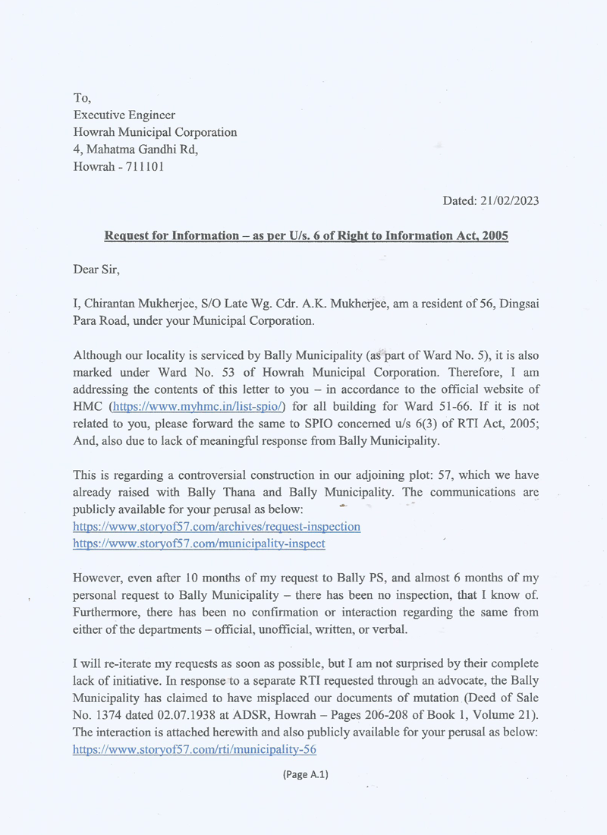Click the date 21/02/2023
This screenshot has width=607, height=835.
pyautogui.click(x=510, y=201)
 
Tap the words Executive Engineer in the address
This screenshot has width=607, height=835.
pyautogui.click(x=124, y=115)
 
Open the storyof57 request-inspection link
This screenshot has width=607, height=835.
pyautogui.click(x=216, y=526)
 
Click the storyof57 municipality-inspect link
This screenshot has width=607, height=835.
pyautogui.click(x=199, y=544)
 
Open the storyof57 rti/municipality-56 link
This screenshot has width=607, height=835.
pyautogui.click(x=194, y=749)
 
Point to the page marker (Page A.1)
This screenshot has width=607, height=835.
pyautogui.click(x=305, y=774)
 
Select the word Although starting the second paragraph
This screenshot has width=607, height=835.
pyautogui.click(x=99, y=355)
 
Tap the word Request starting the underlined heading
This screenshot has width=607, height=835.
pyautogui.click(x=127, y=235)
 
